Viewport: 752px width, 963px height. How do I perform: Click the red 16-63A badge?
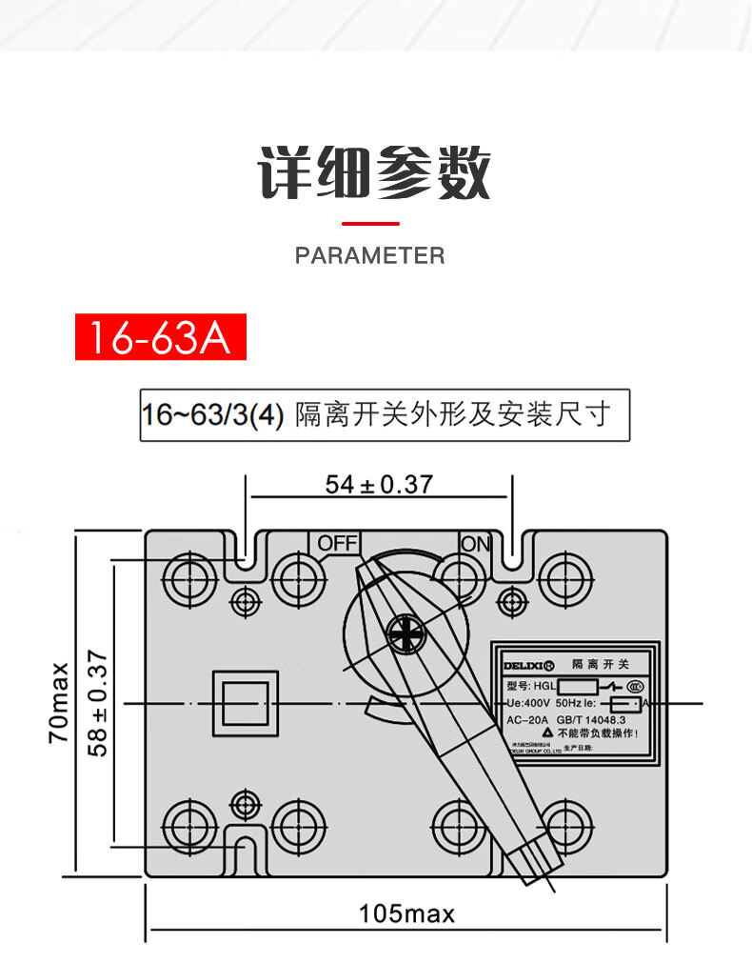tap(161, 337)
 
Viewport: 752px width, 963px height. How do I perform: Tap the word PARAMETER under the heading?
tap(369, 255)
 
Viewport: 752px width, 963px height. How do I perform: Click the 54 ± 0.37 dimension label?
tap(379, 485)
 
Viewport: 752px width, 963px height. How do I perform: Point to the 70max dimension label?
tap(59, 702)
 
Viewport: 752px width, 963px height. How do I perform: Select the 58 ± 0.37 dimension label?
tap(97, 703)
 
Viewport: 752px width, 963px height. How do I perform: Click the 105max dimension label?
tap(406, 914)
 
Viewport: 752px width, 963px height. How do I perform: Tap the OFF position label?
tap(336, 543)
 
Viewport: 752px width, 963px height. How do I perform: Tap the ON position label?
tap(476, 544)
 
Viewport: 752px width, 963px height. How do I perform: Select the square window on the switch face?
tap(246, 703)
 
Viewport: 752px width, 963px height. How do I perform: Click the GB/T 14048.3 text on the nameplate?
tap(598, 719)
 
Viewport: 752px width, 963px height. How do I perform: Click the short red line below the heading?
tap(369, 224)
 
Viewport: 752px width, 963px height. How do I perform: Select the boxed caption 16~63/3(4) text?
tap(385, 415)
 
